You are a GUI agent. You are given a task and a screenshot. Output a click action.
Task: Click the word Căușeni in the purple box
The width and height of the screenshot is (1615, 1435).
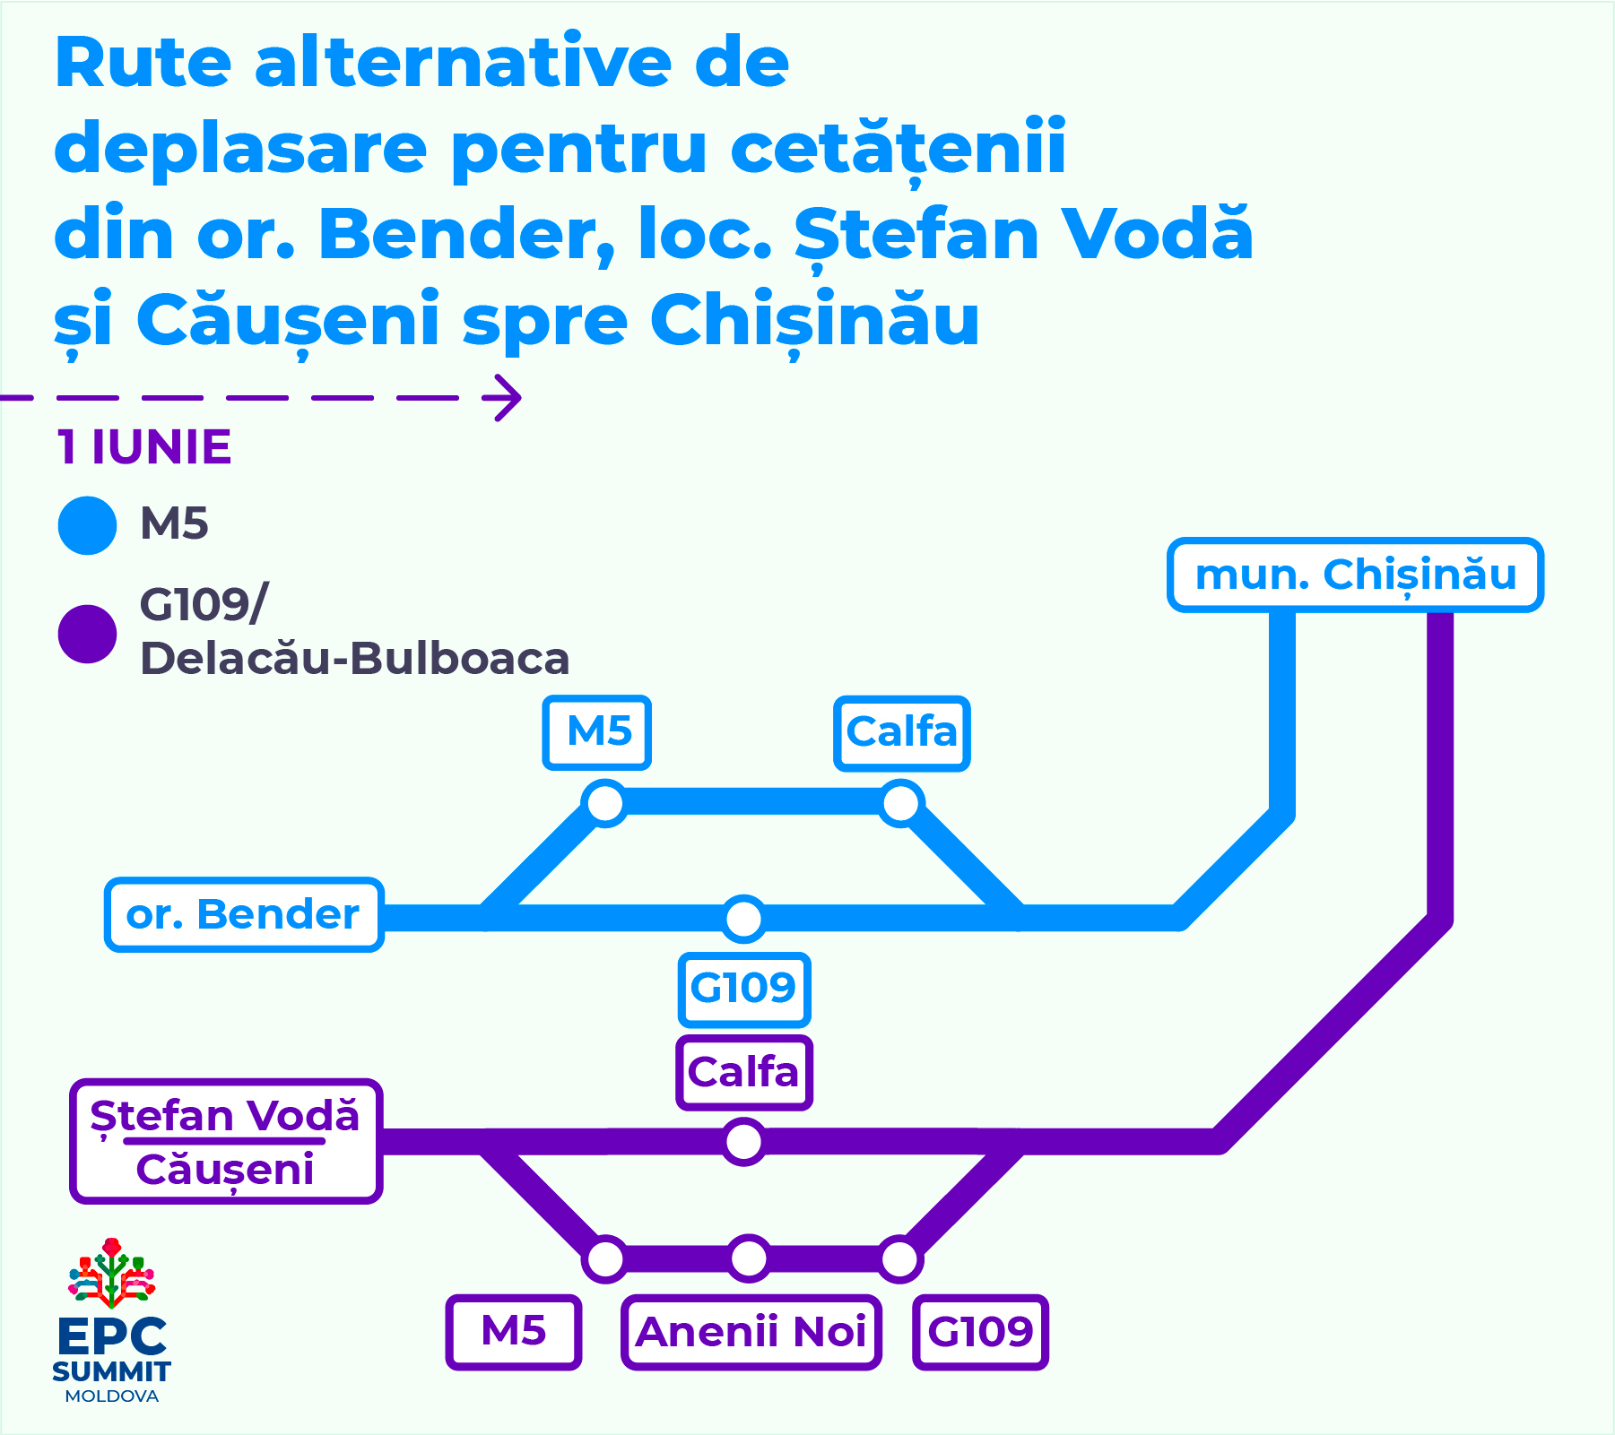click(225, 1171)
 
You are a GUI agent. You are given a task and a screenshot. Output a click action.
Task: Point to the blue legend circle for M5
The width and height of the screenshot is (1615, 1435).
click(87, 525)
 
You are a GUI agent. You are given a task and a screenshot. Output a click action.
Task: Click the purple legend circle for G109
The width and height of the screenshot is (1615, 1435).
click(87, 634)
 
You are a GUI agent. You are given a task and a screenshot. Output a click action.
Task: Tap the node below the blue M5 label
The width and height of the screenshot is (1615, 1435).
click(605, 802)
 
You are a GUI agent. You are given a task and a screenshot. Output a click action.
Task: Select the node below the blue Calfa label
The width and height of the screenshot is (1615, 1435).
click(901, 802)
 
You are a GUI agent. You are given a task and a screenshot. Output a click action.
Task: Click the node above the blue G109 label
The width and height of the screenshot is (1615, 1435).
click(743, 918)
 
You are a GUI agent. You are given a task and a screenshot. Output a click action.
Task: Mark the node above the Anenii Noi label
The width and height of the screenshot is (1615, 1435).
click(749, 1258)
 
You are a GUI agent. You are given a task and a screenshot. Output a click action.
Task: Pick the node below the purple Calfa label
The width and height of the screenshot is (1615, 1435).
click(743, 1142)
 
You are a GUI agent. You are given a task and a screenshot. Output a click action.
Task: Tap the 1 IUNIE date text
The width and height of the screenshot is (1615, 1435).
click(144, 447)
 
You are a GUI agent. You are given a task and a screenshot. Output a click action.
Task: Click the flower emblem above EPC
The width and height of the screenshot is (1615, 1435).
click(112, 1273)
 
